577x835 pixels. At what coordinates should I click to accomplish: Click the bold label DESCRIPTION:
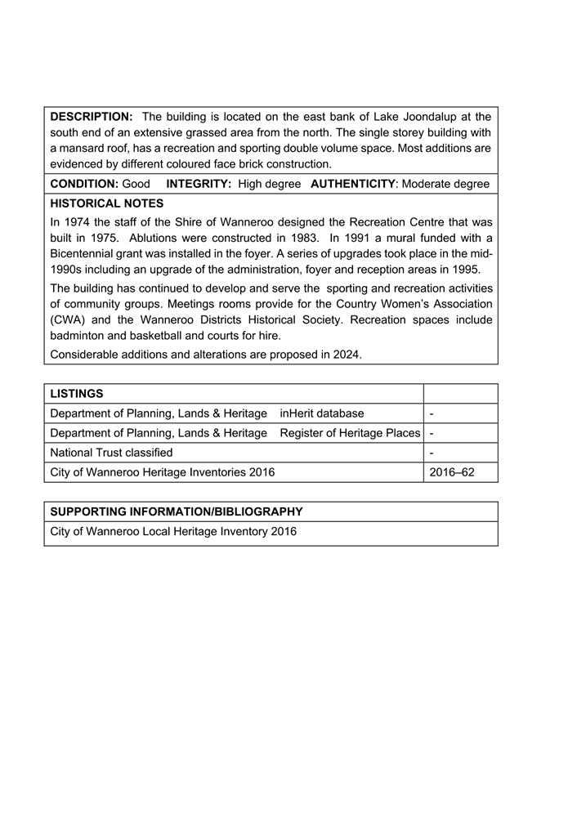pos(91,117)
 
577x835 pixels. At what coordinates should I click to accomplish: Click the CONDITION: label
pos(84,184)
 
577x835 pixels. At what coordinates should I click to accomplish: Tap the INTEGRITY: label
pos(199,184)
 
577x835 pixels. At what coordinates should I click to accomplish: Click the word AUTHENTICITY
pos(353,184)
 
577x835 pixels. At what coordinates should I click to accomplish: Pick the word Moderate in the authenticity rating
pos(429,184)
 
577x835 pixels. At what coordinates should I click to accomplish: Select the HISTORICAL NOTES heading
pos(106,203)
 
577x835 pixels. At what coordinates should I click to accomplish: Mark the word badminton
pos(78,335)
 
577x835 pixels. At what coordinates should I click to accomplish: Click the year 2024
pos(346,355)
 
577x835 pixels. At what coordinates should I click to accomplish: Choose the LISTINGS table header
pos(76,394)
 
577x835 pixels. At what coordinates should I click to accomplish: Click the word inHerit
pos(300,413)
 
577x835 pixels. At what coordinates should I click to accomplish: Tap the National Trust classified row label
pos(111,453)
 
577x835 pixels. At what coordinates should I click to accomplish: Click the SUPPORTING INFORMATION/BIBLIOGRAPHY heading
pos(176,511)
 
